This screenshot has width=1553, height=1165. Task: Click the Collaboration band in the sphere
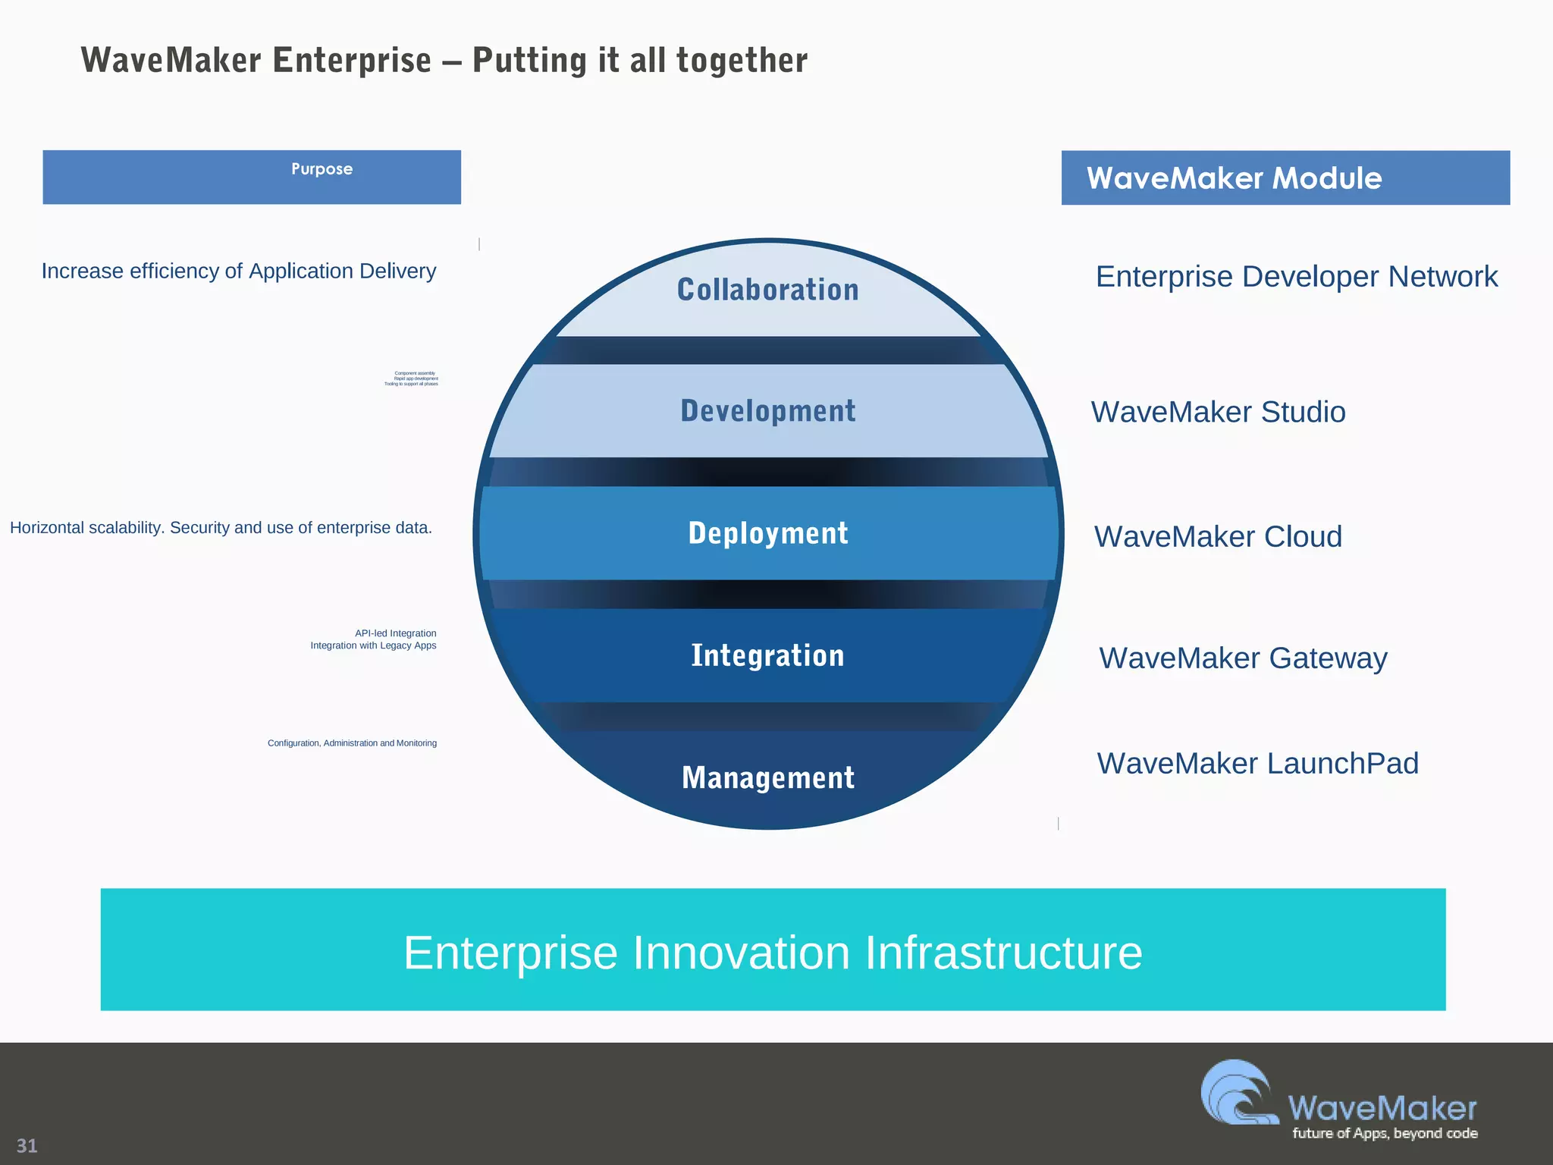point(767,290)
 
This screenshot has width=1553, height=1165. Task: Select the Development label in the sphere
point(767,411)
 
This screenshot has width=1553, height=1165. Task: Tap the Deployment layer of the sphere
point(767,533)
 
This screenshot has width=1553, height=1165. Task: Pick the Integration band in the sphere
point(767,655)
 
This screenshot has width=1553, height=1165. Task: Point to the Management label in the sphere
point(767,777)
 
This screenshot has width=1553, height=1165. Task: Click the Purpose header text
point(322,169)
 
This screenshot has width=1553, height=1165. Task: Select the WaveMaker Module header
point(1234,178)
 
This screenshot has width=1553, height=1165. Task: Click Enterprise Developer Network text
point(1296,277)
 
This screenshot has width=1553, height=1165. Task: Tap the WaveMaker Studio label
point(1218,412)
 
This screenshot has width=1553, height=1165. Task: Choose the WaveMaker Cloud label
point(1218,537)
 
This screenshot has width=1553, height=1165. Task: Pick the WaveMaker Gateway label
point(1243,658)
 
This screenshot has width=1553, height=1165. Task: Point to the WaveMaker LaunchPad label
point(1257,763)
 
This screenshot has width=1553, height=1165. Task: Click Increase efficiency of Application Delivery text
point(239,272)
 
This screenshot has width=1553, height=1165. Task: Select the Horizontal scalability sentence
point(221,528)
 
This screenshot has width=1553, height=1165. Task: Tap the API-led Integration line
point(395,633)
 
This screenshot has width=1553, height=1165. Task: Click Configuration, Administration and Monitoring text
point(352,743)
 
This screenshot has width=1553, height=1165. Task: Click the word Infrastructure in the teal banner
point(1002,953)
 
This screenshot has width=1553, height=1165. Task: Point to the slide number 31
point(27,1145)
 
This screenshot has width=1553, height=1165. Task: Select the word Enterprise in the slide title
point(351,61)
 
